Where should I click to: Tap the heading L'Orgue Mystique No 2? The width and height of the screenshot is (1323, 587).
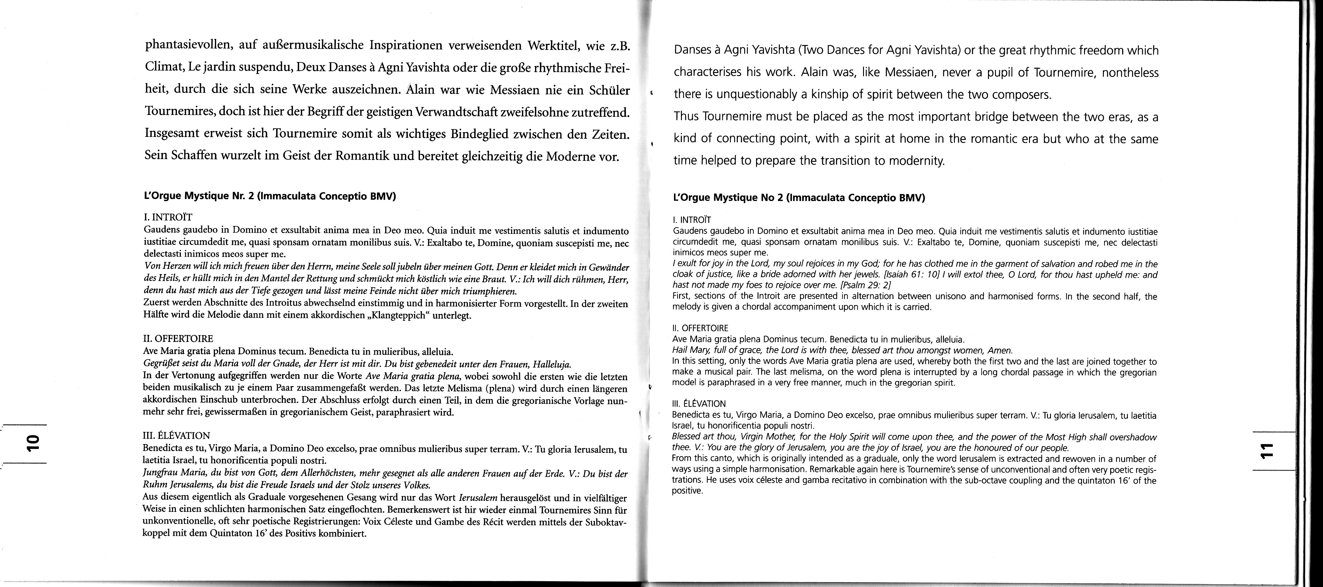[799, 197]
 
